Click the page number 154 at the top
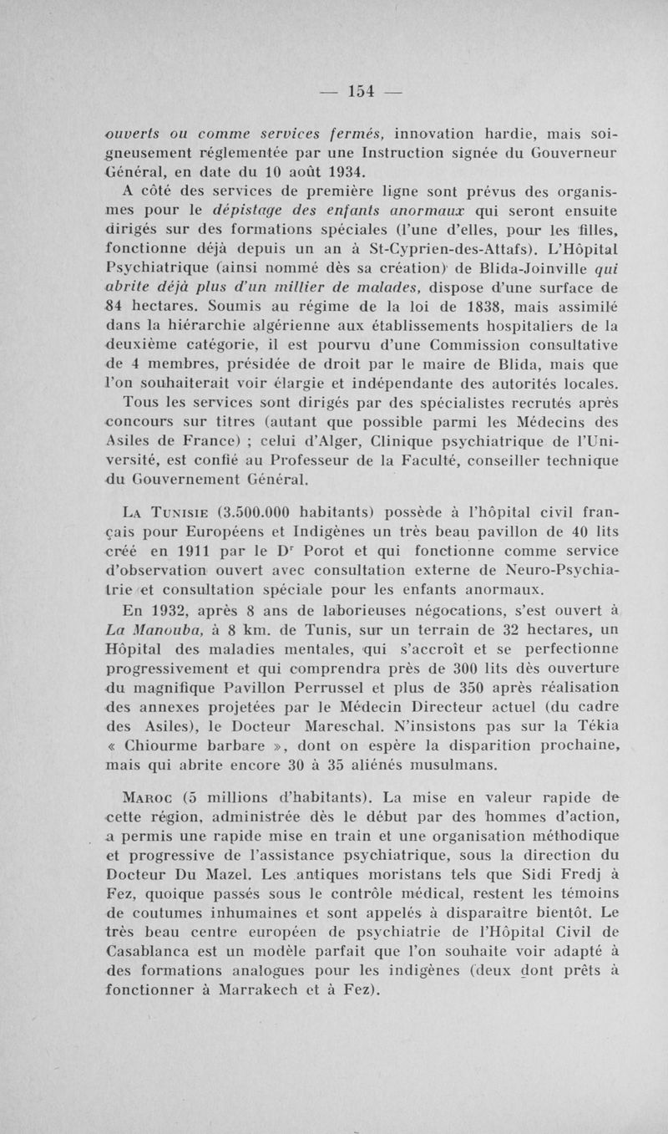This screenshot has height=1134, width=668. click(365, 90)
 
